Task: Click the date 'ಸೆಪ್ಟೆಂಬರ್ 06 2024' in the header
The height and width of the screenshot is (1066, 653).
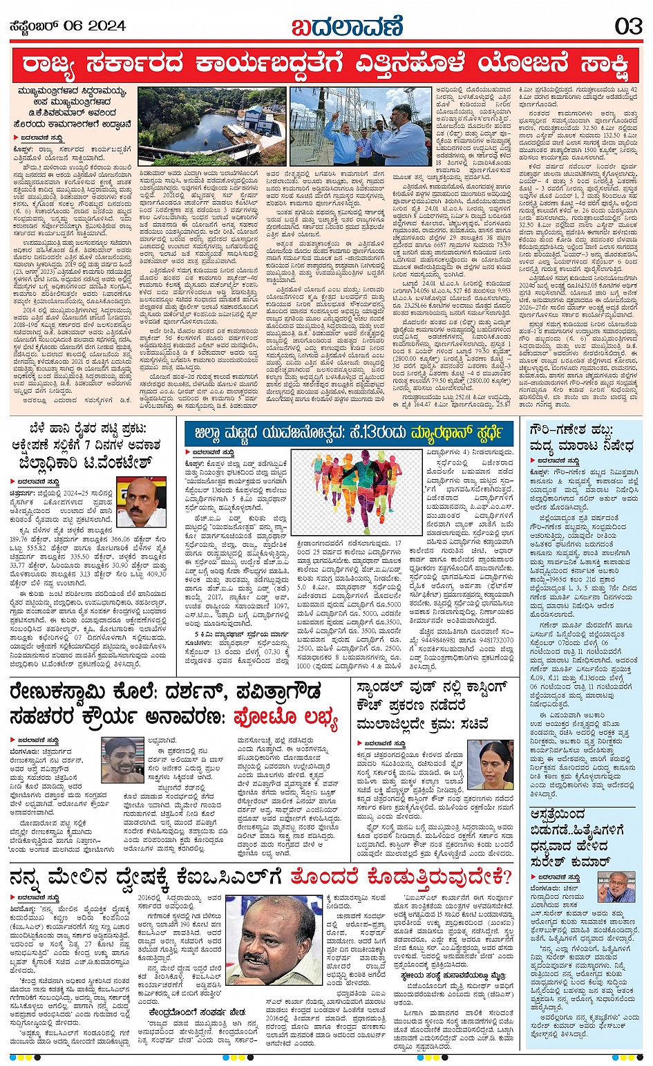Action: pos(67,26)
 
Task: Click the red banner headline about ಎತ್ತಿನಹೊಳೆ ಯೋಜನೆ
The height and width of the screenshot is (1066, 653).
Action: pos(326,65)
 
